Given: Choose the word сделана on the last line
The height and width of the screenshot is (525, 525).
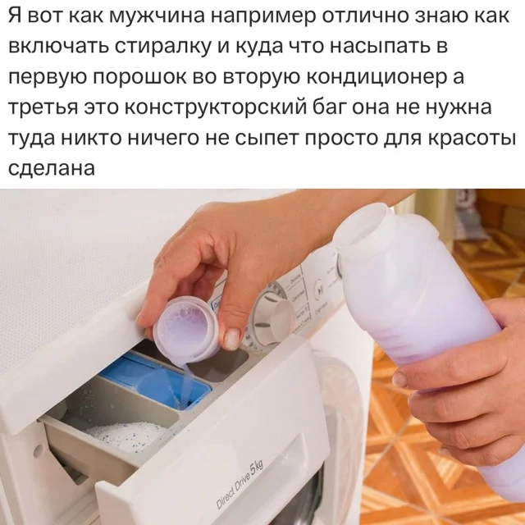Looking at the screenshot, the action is [x=51, y=167].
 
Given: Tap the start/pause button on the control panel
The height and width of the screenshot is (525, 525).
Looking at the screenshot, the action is [x=319, y=288].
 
